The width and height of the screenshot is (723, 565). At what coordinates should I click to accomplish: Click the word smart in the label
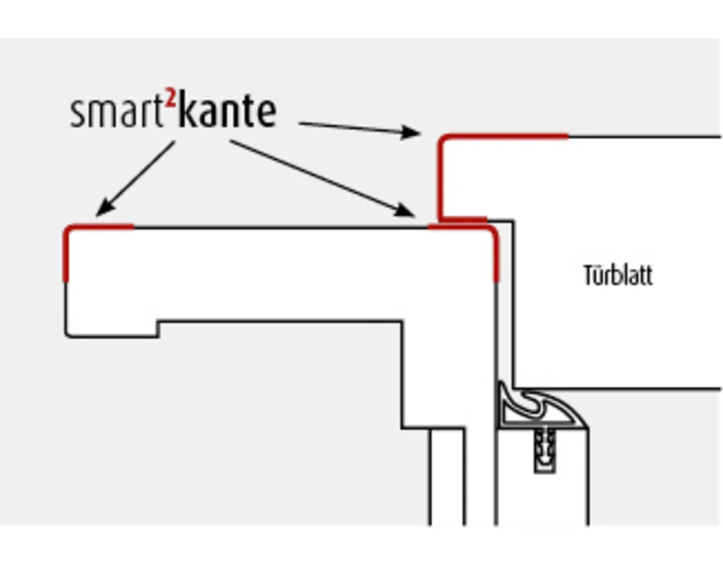click(118, 113)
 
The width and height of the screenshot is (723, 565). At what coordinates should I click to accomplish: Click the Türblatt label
click(618, 275)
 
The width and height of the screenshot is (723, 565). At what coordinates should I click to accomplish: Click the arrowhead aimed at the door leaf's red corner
click(412, 132)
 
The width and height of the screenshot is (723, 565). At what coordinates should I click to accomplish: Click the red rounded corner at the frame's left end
click(71, 232)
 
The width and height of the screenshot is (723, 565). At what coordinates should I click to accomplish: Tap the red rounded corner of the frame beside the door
click(491, 233)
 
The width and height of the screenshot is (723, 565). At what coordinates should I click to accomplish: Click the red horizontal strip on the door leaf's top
click(508, 136)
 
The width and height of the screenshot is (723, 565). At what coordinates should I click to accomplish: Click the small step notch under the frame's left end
click(157, 329)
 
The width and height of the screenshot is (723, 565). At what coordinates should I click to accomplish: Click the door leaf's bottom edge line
click(621, 388)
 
